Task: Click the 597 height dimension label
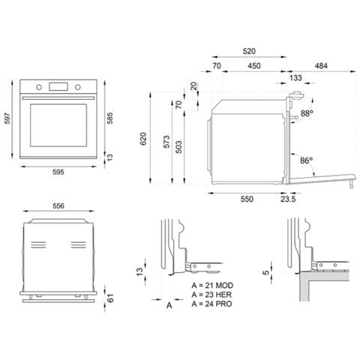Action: pos(7,118)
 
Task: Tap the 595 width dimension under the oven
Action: pos(58,172)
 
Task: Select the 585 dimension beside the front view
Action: pos(109,118)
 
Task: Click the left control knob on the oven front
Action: pos(39,87)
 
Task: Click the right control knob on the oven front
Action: pos(78,87)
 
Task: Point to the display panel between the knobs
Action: pos(58,86)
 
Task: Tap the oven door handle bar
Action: pos(58,98)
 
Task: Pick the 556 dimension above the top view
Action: pos(58,205)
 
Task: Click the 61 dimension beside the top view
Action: pos(110,298)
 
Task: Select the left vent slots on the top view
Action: pos(38,245)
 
